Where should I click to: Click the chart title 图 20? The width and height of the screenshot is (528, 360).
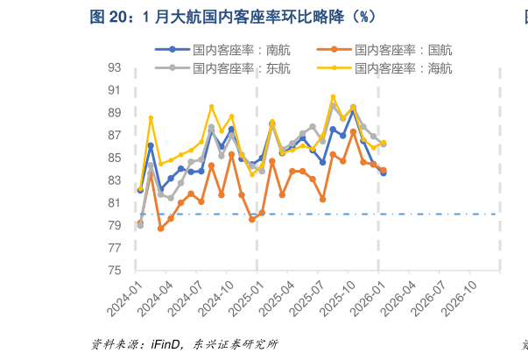pyautogui.click(x=233, y=17)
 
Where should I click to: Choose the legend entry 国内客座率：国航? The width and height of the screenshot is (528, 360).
pyautogui.click(x=404, y=51)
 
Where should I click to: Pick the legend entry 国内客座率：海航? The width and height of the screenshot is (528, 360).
pyautogui.click(x=404, y=67)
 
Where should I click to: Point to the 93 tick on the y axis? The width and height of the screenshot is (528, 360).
pyautogui.click(x=115, y=67)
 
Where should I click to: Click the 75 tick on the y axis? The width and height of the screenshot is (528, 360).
pyautogui.click(x=115, y=271)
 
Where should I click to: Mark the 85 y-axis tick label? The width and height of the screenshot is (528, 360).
pyautogui.click(x=115, y=158)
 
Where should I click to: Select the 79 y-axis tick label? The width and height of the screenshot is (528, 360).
pyautogui.click(x=115, y=225)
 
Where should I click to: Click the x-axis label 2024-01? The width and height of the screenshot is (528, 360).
pyautogui.click(x=129, y=297)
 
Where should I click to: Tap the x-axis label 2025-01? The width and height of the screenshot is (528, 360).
pyautogui.click(x=250, y=297)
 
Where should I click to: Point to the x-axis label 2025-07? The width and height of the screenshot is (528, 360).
pyautogui.click(x=311, y=297)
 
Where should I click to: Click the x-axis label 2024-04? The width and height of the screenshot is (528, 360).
pyautogui.click(x=159, y=297)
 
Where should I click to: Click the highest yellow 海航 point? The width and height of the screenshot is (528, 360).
pyautogui.click(x=333, y=97)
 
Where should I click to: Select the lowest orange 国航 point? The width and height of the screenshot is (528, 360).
pyautogui.click(x=161, y=229)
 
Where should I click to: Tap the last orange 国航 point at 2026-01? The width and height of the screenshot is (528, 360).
pyautogui.click(x=384, y=170)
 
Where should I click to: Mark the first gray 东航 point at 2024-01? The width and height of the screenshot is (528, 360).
pyautogui.click(x=140, y=225)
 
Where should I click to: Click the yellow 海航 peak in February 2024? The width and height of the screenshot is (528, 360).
pyautogui.click(x=151, y=118)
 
